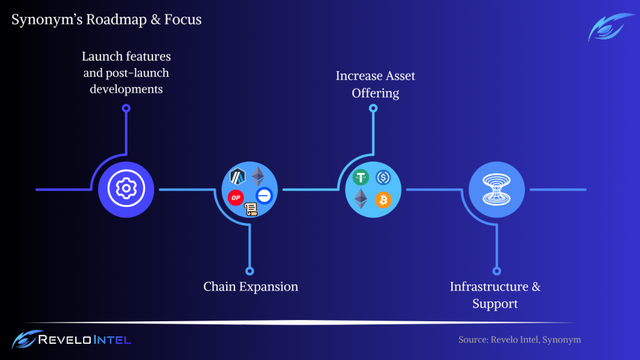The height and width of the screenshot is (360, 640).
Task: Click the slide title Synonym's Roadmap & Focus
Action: (106, 19)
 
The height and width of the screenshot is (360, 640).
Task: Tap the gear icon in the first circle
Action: (126, 189)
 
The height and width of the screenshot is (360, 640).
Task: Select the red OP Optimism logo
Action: (236, 197)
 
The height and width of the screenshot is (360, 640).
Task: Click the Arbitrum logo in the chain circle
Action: (237, 177)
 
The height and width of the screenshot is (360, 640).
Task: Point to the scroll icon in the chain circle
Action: (251, 209)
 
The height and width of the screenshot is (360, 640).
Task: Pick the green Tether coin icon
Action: (361, 177)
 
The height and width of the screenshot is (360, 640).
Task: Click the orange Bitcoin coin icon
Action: (383, 200)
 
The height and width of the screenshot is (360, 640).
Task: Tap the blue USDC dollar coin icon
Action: (383, 177)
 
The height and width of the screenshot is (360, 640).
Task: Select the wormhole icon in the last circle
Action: (496, 189)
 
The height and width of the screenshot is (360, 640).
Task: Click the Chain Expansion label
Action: (251, 286)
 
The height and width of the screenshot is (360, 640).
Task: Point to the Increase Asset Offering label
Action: (375, 84)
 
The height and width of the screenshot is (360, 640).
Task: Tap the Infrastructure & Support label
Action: (495, 295)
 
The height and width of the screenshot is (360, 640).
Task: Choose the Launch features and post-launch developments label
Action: (126, 72)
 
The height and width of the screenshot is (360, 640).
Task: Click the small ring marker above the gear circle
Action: (126, 108)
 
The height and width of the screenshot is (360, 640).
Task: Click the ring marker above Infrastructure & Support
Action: (497, 271)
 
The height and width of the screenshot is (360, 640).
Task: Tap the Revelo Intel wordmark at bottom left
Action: (84, 339)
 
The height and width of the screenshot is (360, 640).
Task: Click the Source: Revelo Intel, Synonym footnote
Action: (519, 339)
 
